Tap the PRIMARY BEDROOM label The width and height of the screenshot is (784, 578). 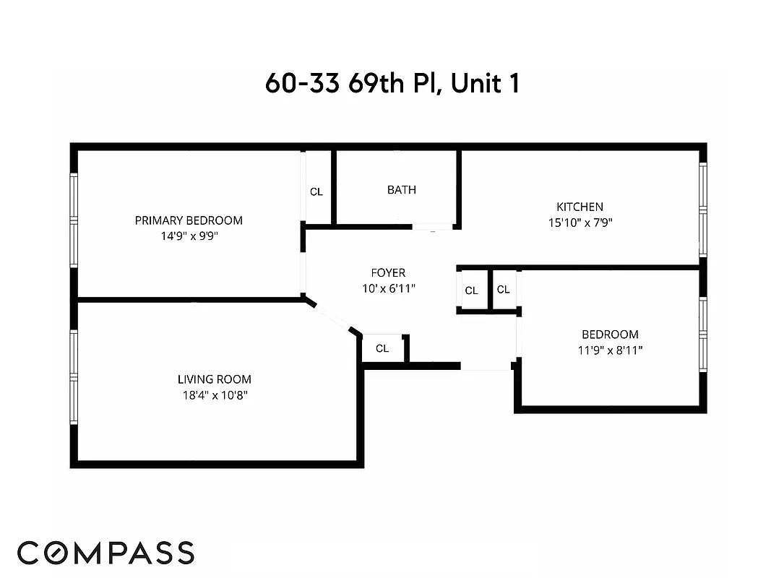[189, 220]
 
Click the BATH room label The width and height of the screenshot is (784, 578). [401, 190]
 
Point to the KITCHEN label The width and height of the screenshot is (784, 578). [580, 207]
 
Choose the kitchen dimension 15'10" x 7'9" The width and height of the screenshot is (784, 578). [580, 223]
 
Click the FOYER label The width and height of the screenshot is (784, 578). [388, 273]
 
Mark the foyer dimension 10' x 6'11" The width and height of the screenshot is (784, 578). [388, 288]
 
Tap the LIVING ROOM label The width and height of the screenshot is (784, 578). [215, 379]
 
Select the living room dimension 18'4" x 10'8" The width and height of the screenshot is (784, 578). [215, 395]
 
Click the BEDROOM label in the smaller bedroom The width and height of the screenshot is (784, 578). [610, 335]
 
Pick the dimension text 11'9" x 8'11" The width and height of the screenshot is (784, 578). [610, 350]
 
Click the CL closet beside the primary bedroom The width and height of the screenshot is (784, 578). [316, 192]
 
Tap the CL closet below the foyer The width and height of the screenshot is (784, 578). [382, 348]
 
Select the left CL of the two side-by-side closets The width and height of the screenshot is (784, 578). [472, 290]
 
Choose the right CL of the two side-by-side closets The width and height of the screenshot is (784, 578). [504, 290]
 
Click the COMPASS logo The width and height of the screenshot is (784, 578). [106, 553]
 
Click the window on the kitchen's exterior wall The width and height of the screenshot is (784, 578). [702, 210]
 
